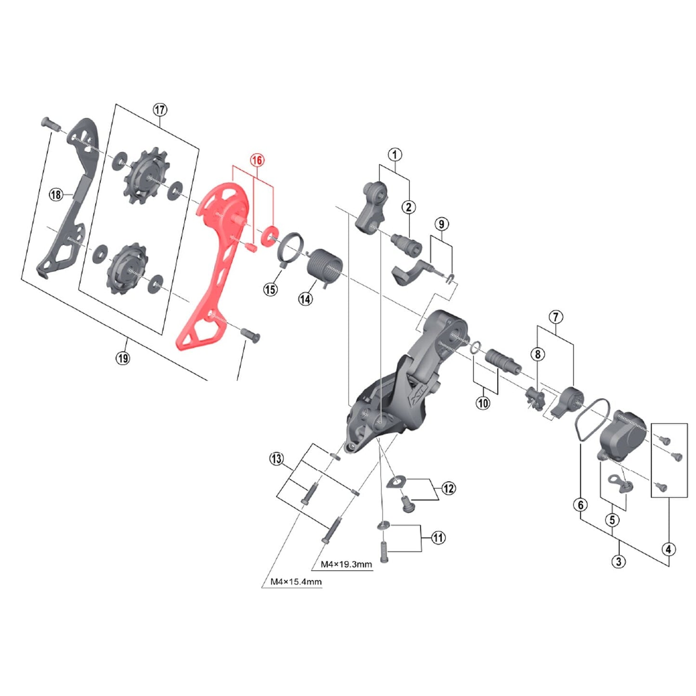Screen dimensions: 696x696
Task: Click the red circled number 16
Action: click(257, 160)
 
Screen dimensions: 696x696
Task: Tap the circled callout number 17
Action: click(160, 109)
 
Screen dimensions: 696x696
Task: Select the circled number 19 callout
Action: click(122, 358)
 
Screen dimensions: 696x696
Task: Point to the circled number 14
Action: click(305, 299)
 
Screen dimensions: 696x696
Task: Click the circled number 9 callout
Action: click(441, 224)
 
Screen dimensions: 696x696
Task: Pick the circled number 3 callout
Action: click(619, 561)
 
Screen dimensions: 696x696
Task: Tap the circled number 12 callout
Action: click(448, 489)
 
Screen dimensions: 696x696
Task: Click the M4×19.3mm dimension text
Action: click(346, 564)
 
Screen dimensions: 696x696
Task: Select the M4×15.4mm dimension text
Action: click(296, 582)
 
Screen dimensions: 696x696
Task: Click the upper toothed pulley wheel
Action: click(144, 175)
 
